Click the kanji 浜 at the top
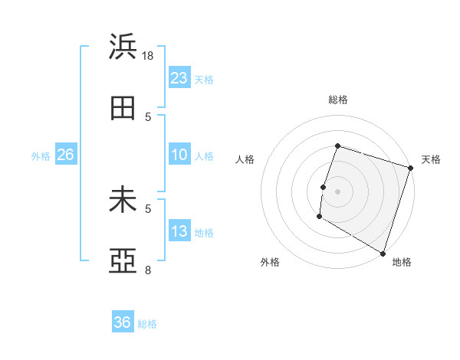pyautogui.click(x=123, y=47)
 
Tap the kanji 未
pyautogui.click(x=123, y=201)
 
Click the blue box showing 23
pyautogui.click(x=179, y=77)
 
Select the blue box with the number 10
pyautogui.click(x=179, y=155)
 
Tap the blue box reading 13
pyautogui.click(x=179, y=231)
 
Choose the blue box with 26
pyautogui.click(x=65, y=155)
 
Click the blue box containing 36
pyautogui.click(x=123, y=322)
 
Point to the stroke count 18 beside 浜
pyautogui.click(x=149, y=55)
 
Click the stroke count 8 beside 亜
pyautogui.click(x=148, y=270)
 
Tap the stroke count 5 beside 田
pyautogui.click(x=148, y=116)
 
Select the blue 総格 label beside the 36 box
pyautogui.click(x=147, y=324)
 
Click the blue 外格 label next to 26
pyautogui.click(x=41, y=156)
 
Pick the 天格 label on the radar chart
pyautogui.click(x=431, y=159)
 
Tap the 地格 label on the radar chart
pyautogui.click(x=402, y=262)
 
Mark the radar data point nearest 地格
pyautogui.click(x=383, y=253)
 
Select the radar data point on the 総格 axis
pyautogui.click(x=337, y=146)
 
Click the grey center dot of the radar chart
pyautogui.click(x=337, y=191)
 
